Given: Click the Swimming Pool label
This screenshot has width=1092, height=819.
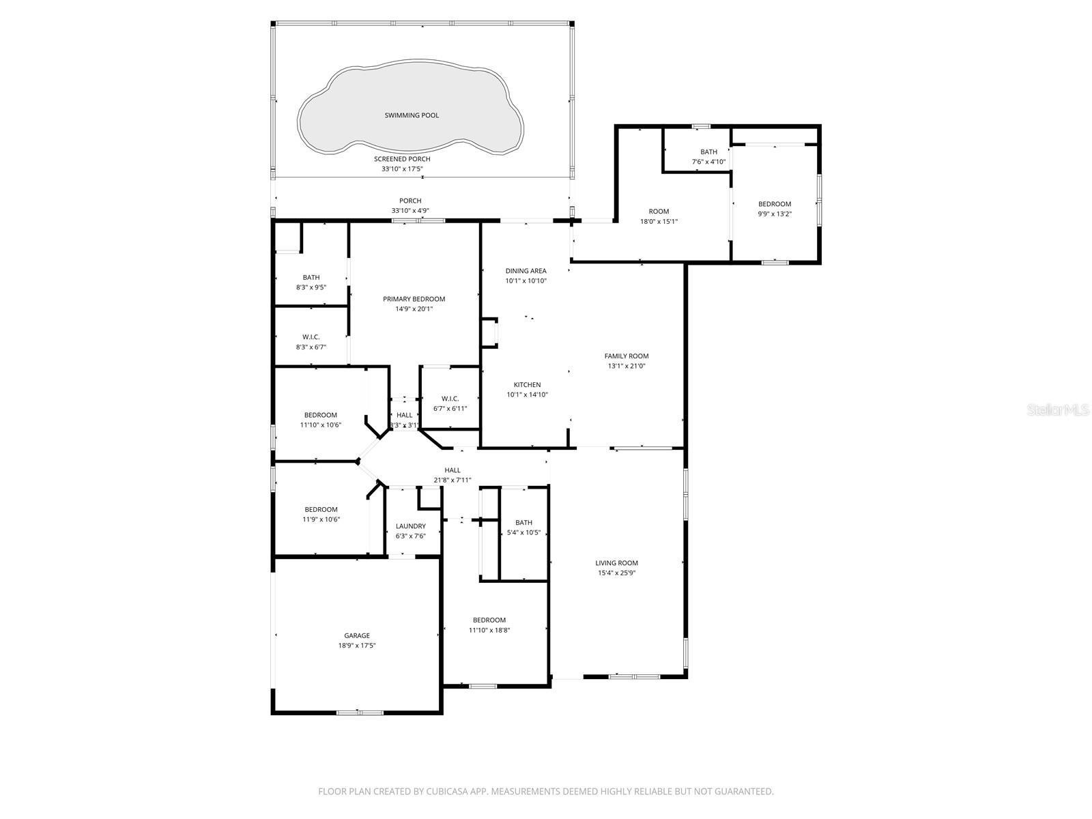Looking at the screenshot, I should [x=412, y=115].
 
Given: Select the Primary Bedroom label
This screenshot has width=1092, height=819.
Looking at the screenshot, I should [x=414, y=299].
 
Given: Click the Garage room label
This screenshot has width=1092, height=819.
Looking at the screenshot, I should [x=357, y=635].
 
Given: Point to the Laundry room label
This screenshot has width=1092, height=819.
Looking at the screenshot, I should [x=410, y=526].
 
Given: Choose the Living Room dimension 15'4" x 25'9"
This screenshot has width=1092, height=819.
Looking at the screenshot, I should [x=618, y=573].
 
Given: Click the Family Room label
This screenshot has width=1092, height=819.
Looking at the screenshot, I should [x=626, y=356].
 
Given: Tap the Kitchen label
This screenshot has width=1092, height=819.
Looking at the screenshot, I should [x=527, y=385].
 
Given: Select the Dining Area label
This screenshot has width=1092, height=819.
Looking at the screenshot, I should [x=526, y=271].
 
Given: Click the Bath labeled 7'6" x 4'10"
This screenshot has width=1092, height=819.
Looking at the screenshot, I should [x=708, y=152].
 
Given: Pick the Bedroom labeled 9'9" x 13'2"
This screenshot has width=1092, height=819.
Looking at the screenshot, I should [x=775, y=204].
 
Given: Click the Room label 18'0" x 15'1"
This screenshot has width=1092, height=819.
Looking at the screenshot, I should [x=659, y=212].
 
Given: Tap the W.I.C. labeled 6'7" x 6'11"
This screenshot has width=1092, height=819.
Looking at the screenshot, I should [x=450, y=399].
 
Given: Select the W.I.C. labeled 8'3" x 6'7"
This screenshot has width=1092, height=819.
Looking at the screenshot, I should [x=311, y=337].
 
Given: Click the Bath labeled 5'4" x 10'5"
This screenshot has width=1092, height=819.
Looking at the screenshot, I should [x=523, y=523].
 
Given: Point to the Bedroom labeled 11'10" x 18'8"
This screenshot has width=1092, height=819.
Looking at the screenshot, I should [x=489, y=620].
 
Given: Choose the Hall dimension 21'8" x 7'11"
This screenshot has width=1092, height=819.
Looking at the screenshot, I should [x=452, y=480].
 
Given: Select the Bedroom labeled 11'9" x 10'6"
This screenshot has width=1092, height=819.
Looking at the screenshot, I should [x=321, y=509].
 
